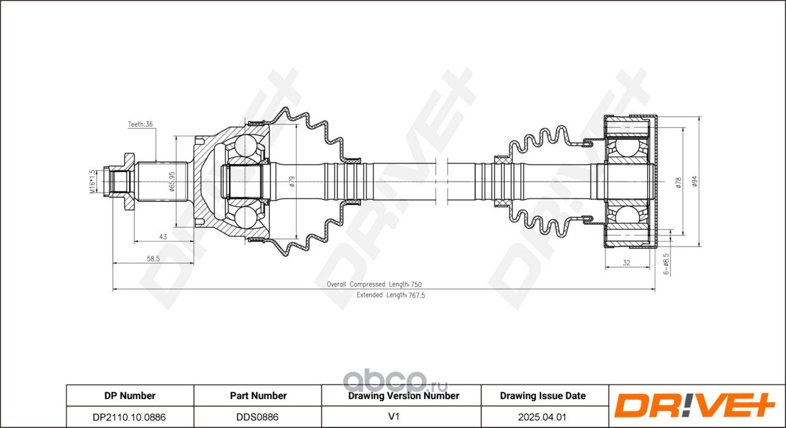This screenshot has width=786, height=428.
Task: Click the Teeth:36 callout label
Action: tap(141, 124)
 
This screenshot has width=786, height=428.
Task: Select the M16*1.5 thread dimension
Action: tap(92, 182)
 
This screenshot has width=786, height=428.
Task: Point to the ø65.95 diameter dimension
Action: tap(171, 182)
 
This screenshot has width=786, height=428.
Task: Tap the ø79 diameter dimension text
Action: tap(292, 182)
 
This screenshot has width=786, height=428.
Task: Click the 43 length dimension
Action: tap(163, 237)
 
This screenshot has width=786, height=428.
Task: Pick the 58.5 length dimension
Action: tap(153, 259)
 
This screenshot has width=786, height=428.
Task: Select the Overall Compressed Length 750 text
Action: tap(374, 285)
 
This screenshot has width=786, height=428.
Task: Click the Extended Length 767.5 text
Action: tap(391, 296)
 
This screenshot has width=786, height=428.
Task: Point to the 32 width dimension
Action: tap(626, 262)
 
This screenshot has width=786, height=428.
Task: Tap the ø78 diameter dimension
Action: tap(679, 183)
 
